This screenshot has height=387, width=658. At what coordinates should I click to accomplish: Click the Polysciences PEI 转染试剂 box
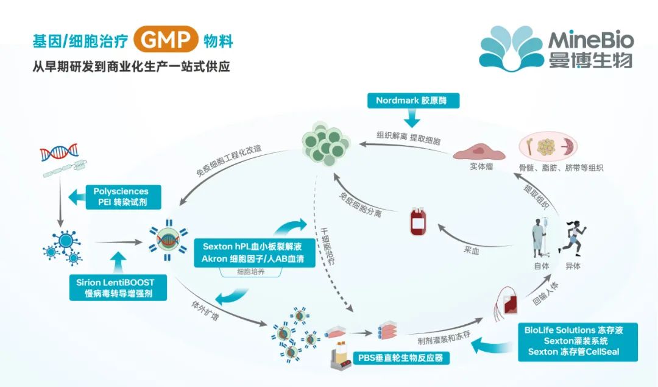[x=125, y=196]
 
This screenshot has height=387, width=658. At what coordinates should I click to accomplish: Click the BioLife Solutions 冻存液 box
[x=577, y=341]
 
